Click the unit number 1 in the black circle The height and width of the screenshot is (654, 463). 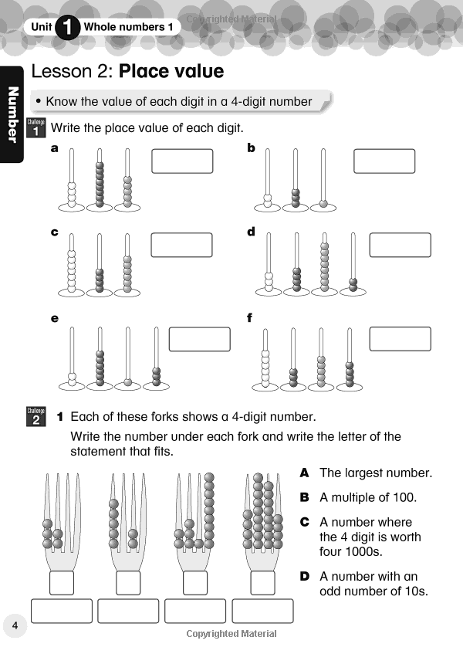pyautogui.click(x=69, y=28)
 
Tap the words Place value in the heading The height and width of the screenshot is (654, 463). pyautogui.click(x=171, y=72)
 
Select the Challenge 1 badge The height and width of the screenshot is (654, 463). pyautogui.click(x=36, y=127)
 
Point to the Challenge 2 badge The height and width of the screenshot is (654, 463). pyautogui.click(x=36, y=417)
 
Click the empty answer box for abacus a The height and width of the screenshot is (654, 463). pyautogui.click(x=182, y=161)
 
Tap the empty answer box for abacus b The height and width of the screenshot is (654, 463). pyautogui.click(x=384, y=161)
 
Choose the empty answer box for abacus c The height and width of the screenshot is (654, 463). pyautogui.click(x=182, y=245)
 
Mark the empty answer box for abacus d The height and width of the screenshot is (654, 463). pyautogui.click(x=400, y=245)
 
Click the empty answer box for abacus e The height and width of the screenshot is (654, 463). pyautogui.click(x=199, y=339)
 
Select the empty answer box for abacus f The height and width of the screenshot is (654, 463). pyautogui.click(x=400, y=339)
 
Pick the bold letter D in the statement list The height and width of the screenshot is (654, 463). pyautogui.click(x=304, y=577)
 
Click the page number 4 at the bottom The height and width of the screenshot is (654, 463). pyautogui.click(x=15, y=624)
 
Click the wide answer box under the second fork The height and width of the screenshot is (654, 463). pyautogui.click(x=128, y=611)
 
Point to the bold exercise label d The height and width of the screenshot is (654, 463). pyautogui.click(x=251, y=232)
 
